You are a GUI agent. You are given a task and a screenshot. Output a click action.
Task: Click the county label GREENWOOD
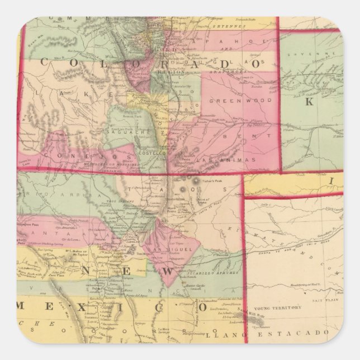point(236,101)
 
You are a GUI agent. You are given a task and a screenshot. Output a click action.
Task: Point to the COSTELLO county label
point(151,151)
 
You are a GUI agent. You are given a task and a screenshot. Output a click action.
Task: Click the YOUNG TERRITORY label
point(278,308)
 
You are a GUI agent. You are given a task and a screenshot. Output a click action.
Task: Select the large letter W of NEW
point(177,269)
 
